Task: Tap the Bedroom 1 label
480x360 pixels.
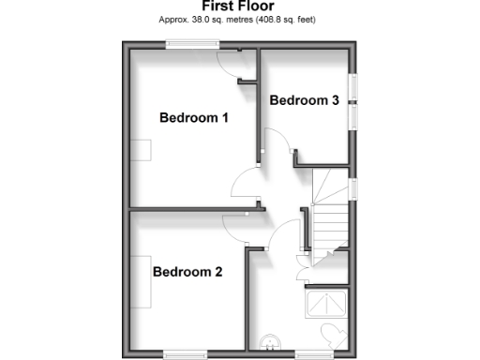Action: (194, 118)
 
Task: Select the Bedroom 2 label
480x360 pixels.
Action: (187, 273)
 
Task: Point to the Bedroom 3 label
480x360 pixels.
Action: (304, 100)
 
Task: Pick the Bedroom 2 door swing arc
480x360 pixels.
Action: (235, 225)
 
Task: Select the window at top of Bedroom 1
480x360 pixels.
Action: (193, 42)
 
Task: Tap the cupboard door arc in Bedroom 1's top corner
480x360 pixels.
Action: (228, 62)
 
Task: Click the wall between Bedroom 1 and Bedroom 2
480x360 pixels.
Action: (187, 208)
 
